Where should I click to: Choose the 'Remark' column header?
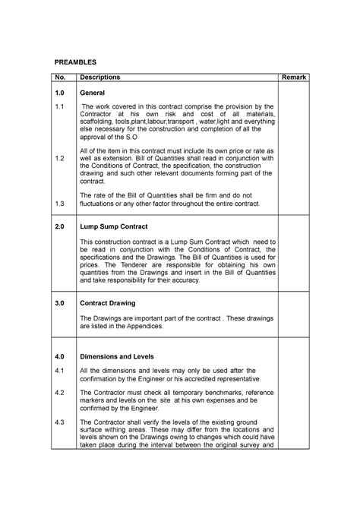click(x=294, y=77)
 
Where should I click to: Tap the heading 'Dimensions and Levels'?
click(x=117, y=356)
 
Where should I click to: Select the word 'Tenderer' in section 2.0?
click(x=132, y=264)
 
